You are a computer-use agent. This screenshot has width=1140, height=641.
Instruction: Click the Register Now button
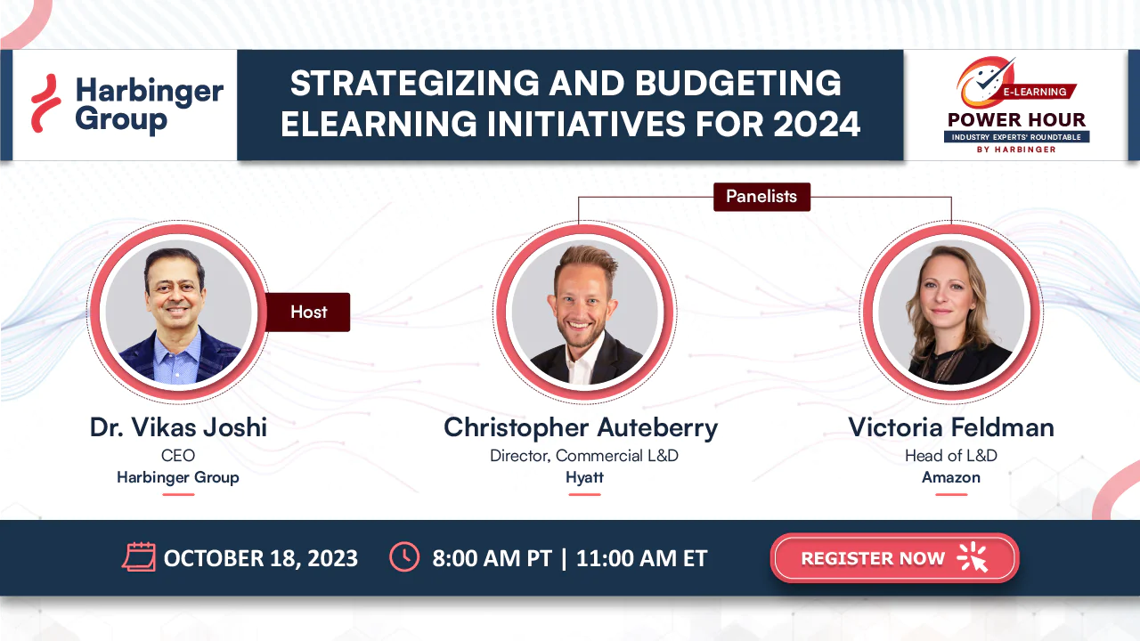(x=894, y=557)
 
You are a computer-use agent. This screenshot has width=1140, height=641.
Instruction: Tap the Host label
(x=308, y=312)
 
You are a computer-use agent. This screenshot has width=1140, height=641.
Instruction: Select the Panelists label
(x=761, y=197)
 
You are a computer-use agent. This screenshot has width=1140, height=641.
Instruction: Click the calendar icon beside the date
(x=139, y=557)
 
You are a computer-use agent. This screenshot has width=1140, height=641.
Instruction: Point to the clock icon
(x=404, y=557)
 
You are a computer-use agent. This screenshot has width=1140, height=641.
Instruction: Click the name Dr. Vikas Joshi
(x=178, y=427)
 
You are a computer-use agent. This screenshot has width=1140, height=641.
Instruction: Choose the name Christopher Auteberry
(x=581, y=428)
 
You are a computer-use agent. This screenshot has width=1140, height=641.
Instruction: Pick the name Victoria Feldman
(x=950, y=427)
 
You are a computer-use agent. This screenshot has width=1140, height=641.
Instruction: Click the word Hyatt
(x=584, y=477)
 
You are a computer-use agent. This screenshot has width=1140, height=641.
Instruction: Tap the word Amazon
(x=950, y=477)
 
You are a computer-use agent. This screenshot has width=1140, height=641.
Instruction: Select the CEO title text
(x=178, y=455)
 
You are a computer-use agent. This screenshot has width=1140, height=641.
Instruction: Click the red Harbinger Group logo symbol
(x=45, y=103)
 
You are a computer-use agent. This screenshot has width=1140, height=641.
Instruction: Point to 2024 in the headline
(x=817, y=124)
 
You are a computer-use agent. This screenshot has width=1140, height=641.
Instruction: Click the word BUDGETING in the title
(x=737, y=84)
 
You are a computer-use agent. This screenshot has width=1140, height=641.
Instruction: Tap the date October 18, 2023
(x=261, y=558)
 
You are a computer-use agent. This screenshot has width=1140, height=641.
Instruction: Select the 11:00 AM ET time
(x=641, y=558)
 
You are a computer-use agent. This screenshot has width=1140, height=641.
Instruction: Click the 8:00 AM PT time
(x=492, y=558)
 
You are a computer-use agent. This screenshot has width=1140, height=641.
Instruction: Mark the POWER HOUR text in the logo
(x=1016, y=120)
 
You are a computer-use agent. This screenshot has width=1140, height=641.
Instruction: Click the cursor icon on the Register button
(x=973, y=557)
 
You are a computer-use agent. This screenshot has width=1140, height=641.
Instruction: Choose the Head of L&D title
(x=950, y=455)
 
